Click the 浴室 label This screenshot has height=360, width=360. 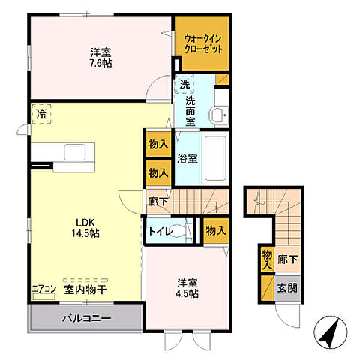[x=187, y=159]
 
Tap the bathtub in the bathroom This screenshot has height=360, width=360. [x=215, y=158]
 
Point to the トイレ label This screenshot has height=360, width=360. [x=160, y=232]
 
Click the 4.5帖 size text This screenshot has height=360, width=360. [x=187, y=294]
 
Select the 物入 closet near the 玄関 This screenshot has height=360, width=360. [x=267, y=259]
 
